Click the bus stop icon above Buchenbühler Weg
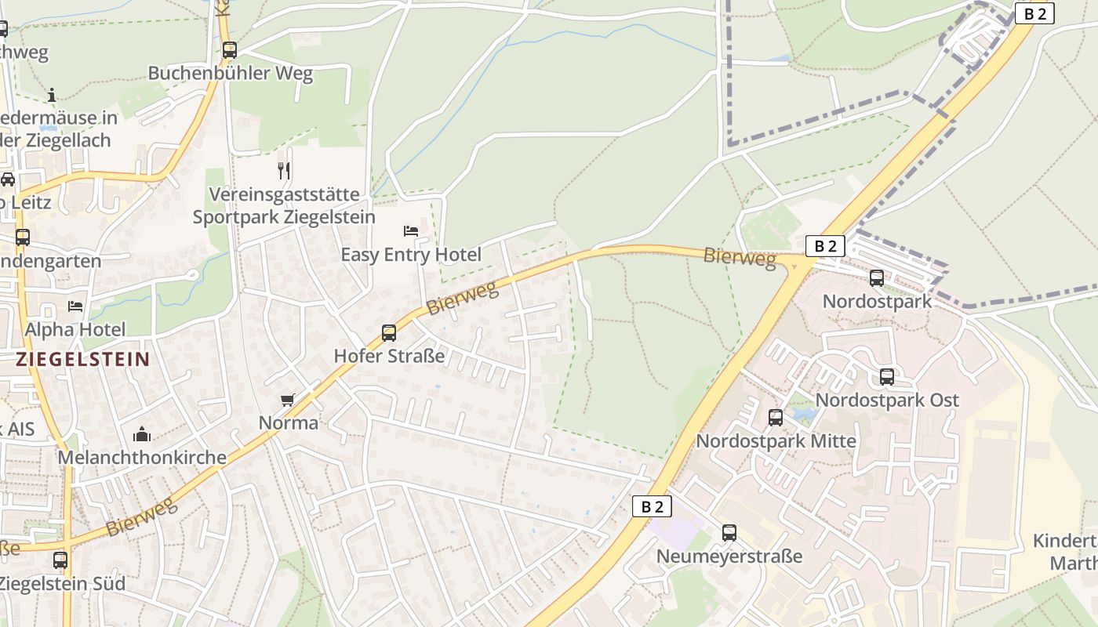229,50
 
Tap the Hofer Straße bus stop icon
388,332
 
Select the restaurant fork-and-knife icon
284,170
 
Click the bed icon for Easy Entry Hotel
411,230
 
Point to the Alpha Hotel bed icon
75,306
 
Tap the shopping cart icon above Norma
288,400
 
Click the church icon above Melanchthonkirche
142,433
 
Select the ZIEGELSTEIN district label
82,360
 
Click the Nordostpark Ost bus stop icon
887,376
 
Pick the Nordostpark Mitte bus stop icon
776,418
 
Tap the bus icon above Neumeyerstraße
729,533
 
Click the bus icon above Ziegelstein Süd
60,560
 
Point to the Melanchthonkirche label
142,457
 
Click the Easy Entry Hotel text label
411,255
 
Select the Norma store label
289,423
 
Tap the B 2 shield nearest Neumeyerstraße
652,506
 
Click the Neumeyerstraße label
729,556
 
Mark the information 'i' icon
52,95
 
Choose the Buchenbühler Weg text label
231,74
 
